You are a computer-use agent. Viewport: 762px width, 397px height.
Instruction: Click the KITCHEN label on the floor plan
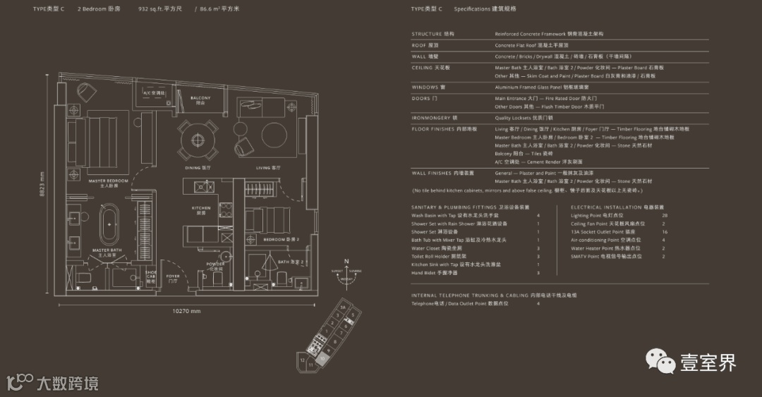point(202,209)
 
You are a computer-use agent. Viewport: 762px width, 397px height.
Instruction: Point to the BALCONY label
point(200,99)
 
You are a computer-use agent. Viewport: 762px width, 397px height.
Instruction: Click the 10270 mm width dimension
point(186,310)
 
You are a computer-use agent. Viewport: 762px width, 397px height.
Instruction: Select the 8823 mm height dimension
point(42,185)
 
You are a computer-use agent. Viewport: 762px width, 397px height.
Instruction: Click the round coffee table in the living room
point(272,134)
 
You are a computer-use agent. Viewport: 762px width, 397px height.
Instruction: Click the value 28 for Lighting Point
point(664,215)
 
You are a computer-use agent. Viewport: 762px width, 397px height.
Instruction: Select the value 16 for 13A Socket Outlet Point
point(664,231)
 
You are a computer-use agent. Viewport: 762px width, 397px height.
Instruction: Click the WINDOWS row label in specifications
point(425,87)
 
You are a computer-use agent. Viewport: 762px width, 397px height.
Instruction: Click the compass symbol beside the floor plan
point(346,275)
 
